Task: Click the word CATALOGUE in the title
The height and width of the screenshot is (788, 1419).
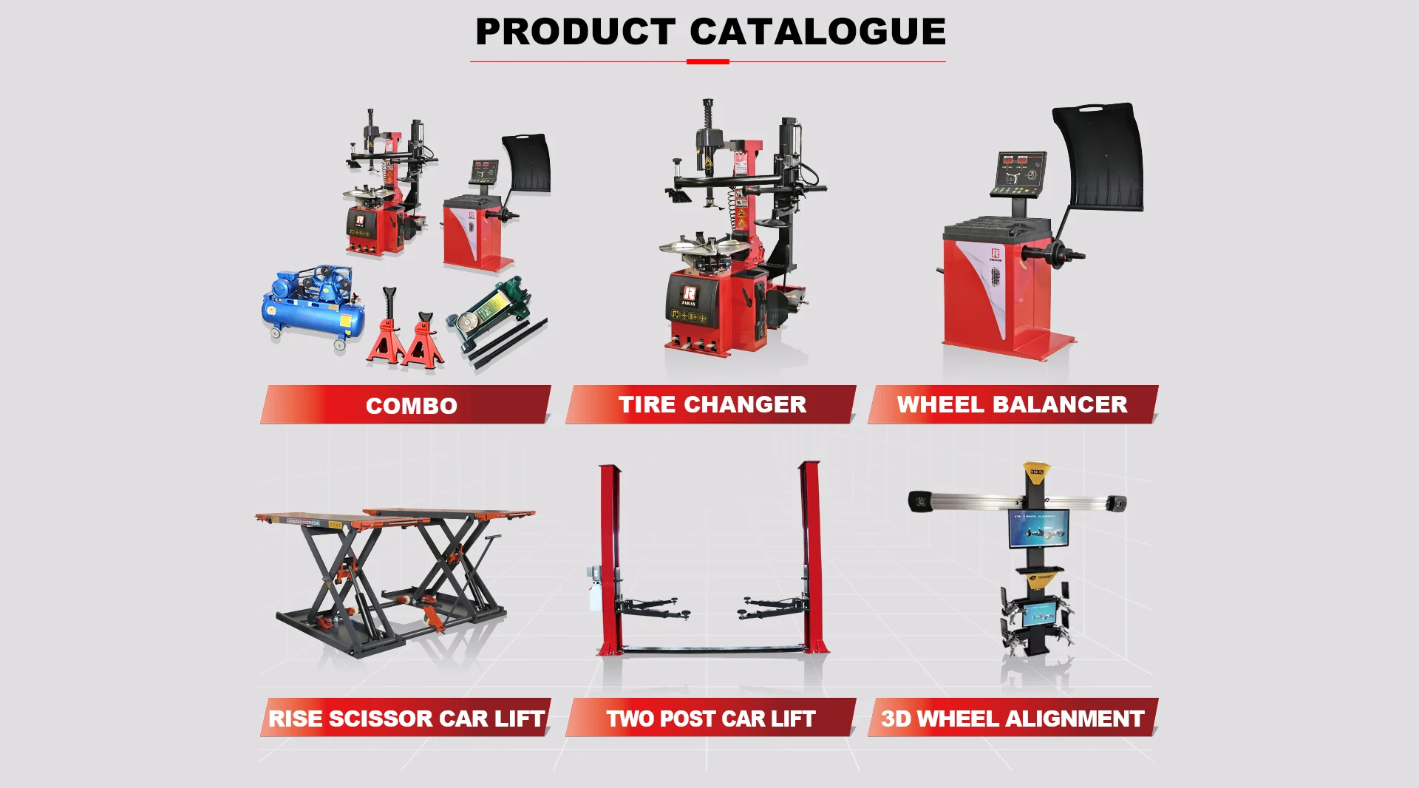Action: pos(817,32)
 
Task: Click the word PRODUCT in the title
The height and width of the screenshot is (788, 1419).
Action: pos(575,32)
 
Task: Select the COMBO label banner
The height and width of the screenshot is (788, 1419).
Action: pos(406,404)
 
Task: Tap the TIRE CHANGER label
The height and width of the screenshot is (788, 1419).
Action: pos(711,404)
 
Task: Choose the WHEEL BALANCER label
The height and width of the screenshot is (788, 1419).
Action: pos(1013,404)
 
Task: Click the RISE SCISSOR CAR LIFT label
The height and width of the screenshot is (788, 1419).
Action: pos(406,718)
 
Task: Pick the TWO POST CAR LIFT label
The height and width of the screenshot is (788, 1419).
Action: pos(711,718)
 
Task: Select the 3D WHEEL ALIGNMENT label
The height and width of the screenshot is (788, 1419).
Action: pos(1013,718)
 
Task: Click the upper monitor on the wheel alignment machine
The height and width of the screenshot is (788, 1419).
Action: pos(1038,528)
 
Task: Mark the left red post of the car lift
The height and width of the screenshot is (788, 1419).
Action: pos(610,560)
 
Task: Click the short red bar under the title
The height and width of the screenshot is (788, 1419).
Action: pos(708,62)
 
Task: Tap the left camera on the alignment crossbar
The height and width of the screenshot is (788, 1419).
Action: pos(919,500)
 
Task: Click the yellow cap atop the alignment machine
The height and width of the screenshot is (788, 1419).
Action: pos(1036,472)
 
